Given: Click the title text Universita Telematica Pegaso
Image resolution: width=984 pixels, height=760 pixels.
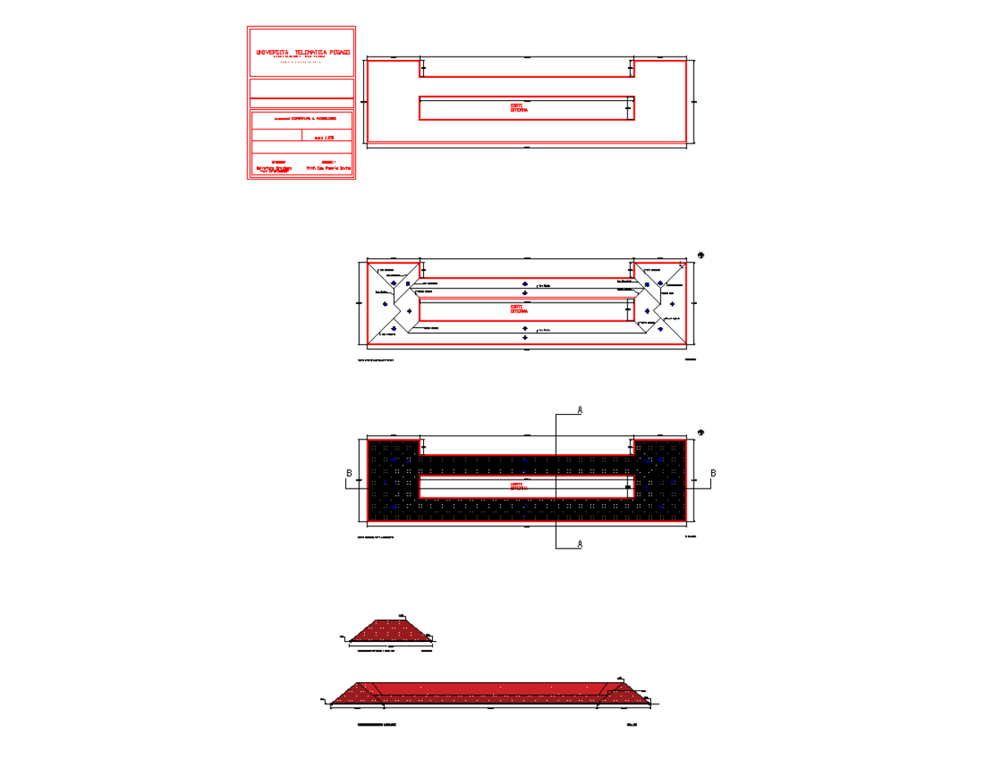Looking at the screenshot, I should [x=303, y=52].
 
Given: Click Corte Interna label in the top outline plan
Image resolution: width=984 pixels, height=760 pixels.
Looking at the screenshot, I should [x=518, y=107].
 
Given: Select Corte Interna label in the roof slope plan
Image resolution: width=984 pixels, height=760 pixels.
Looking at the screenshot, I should [x=518, y=311].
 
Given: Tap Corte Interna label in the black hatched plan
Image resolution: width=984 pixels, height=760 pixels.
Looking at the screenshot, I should [x=518, y=486].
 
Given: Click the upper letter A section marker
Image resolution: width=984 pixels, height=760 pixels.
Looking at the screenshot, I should [x=580, y=408].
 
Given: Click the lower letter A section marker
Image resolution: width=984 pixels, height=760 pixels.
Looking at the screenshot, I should [x=580, y=544].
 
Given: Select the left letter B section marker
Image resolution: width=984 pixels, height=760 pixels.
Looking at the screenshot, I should [x=349, y=474].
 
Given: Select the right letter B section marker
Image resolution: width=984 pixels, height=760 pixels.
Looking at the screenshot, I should [x=713, y=474].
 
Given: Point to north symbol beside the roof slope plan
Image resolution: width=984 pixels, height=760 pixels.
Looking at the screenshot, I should [x=701, y=254].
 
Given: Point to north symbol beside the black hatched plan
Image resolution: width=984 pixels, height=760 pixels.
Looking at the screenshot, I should [x=701, y=432].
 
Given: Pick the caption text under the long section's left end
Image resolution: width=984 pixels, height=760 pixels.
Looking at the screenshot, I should [x=376, y=726].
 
